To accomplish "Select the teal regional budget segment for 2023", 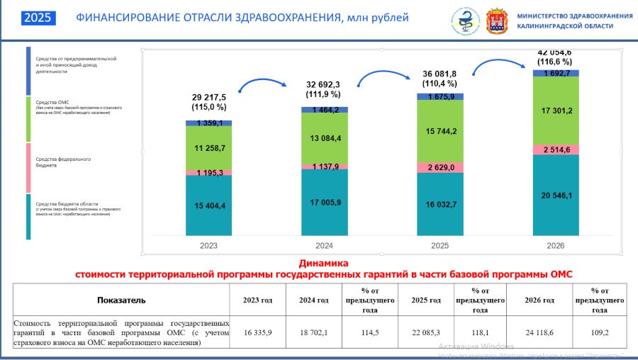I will (x=208, y=206).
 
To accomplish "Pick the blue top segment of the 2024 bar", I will (x=324, y=110).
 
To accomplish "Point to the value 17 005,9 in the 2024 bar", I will (x=324, y=203).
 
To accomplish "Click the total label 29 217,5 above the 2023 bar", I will (x=208, y=97).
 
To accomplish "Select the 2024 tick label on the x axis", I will (x=324, y=246).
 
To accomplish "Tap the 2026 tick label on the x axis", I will (x=556, y=246).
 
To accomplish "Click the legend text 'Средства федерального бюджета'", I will (x=63, y=162).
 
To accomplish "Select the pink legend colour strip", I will (x=28, y=168).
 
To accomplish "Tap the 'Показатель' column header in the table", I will (x=121, y=300).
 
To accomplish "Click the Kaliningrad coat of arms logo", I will (x=497, y=21).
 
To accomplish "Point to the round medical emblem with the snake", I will (x=466, y=21).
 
